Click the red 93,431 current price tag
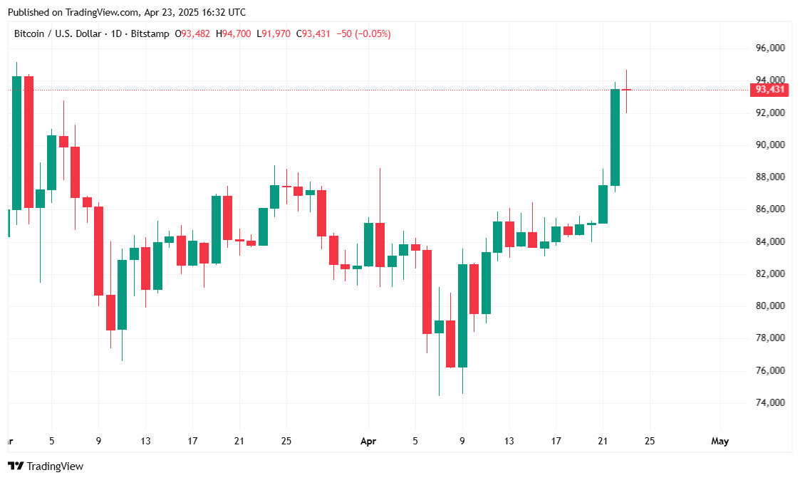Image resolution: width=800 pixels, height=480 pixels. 770,90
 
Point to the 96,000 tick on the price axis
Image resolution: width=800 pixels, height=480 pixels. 770,48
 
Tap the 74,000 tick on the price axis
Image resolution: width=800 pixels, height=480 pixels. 770,403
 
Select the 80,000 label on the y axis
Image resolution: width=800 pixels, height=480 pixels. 770,306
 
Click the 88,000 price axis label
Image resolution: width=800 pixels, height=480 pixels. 770,177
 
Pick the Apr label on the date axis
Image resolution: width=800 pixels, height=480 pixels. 368,442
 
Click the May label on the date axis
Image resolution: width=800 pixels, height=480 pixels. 720,442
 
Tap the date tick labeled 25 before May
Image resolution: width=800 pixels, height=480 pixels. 650,442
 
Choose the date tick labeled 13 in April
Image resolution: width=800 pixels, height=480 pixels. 509,442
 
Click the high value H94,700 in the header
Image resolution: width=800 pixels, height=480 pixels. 234,33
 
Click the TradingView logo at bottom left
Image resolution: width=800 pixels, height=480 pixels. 46,466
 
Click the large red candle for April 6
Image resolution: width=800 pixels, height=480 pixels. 427,292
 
